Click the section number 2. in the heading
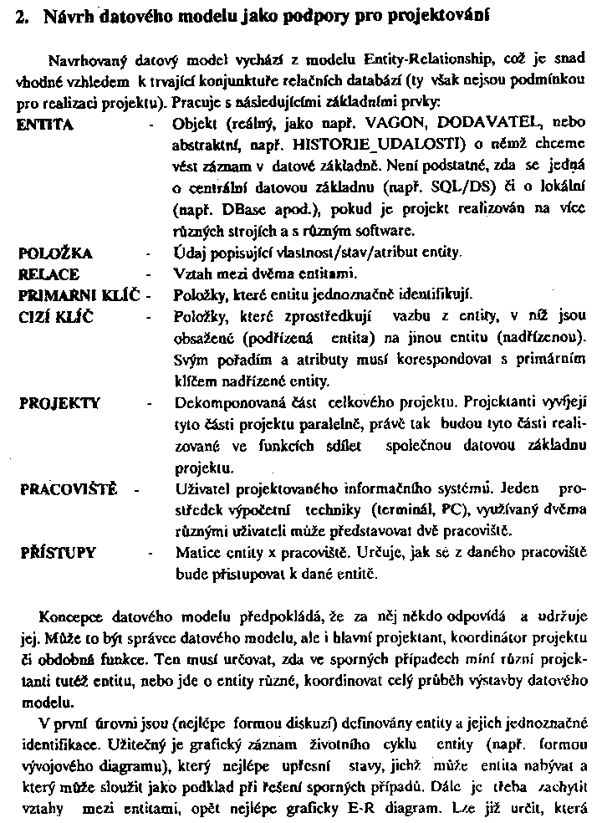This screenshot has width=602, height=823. pyautogui.click(x=23, y=16)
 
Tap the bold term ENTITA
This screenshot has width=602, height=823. pyautogui.click(x=45, y=124)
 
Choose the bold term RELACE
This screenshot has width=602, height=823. pyautogui.click(x=48, y=273)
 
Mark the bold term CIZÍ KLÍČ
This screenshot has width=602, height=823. pyautogui.click(x=55, y=315)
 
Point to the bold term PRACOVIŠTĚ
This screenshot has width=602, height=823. pyautogui.click(x=68, y=488)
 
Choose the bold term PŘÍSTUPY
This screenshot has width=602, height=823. pyautogui.click(x=56, y=553)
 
